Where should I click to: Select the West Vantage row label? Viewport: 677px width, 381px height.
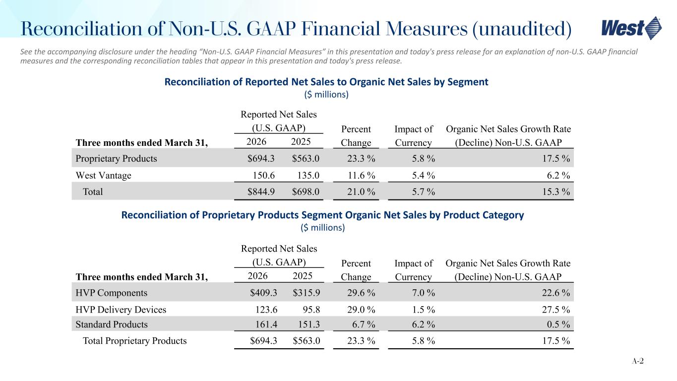[x=103, y=175]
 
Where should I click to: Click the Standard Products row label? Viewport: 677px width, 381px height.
[x=112, y=324]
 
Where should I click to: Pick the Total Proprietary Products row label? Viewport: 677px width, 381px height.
[x=134, y=341]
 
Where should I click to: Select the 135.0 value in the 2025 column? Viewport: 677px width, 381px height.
[x=308, y=175]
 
